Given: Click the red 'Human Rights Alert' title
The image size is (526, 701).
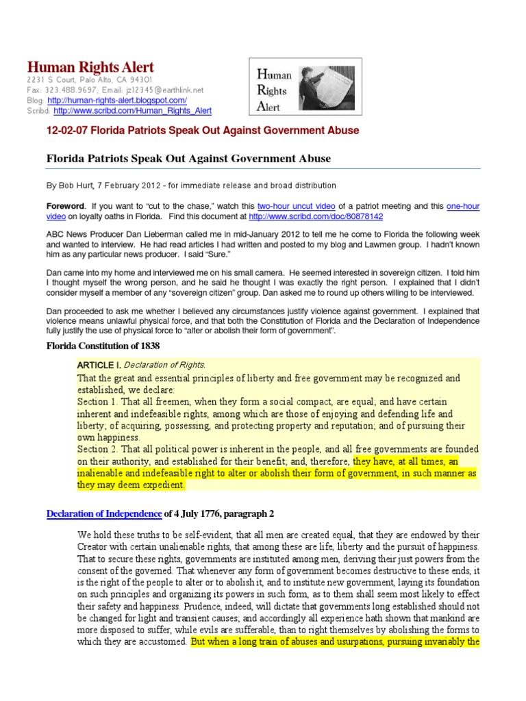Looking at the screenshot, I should [x=90, y=67].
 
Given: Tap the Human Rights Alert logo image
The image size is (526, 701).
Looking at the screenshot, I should [x=304, y=86].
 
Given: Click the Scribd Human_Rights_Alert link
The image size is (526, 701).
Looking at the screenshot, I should [x=133, y=110].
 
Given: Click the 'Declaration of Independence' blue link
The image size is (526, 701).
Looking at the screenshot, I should [x=103, y=513].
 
